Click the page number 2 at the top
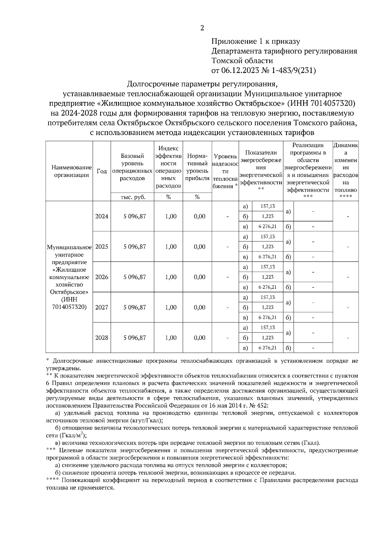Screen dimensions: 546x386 click(x=202, y=28)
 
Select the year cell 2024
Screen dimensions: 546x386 click(x=102, y=216)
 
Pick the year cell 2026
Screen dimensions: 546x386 click(x=102, y=277)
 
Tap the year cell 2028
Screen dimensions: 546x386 click(x=102, y=338)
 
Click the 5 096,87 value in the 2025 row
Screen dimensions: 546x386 click(x=134, y=247)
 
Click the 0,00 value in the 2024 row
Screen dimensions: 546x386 click(x=199, y=216)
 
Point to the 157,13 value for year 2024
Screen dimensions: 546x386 click(x=268, y=206)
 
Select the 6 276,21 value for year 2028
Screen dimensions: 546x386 click(x=268, y=348)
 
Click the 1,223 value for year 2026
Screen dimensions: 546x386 click(x=268, y=277)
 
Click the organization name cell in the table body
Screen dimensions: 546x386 click(x=69, y=277)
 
